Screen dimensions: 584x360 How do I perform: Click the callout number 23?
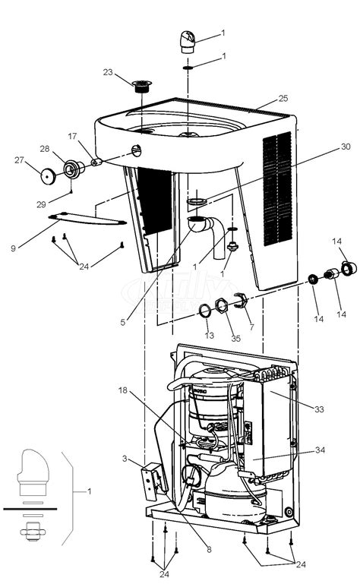[107, 73]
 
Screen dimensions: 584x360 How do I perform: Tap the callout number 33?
[320, 409]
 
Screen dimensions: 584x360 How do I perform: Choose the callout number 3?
[124, 459]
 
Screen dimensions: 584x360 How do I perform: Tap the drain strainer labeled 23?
[140, 84]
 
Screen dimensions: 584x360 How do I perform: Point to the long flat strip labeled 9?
[85, 220]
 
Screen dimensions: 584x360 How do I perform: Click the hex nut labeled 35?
[221, 307]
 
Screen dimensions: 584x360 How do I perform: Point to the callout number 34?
[320, 450]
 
